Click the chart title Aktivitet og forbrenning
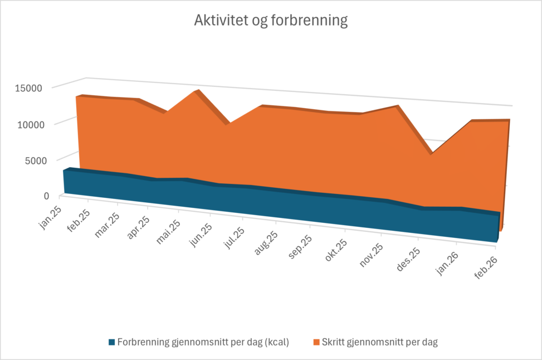tap(271, 21)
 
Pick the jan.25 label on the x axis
tap(50, 217)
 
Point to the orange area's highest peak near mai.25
tap(195, 92)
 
